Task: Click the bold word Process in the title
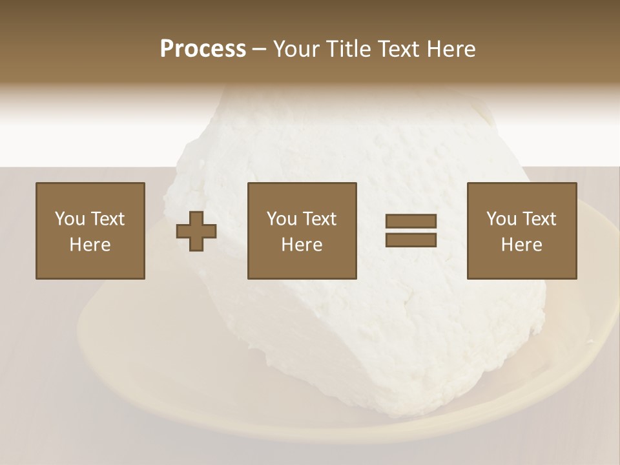pyautogui.click(x=203, y=49)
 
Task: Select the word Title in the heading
pyautogui.click(x=348, y=49)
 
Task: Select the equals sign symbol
pyautogui.click(x=411, y=231)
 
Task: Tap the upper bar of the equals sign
pyautogui.click(x=411, y=222)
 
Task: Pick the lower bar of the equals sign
pyautogui.click(x=411, y=240)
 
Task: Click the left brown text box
pyautogui.click(x=90, y=231)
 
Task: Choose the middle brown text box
pyautogui.click(x=302, y=231)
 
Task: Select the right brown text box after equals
pyautogui.click(x=521, y=231)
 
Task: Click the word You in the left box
pyautogui.click(x=69, y=219)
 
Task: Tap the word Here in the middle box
pyautogui.click(x=302, y=245)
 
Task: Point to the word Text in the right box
pyautogui.click(x=538, y=219)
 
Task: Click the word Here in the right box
pyautogui.click(x=521, y=245)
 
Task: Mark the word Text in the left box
pyautogui.click(x=107, y=219)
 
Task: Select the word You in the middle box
pyautogui.click(x=282, y=219)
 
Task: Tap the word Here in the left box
pyautogui.click(x=90, y=245)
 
